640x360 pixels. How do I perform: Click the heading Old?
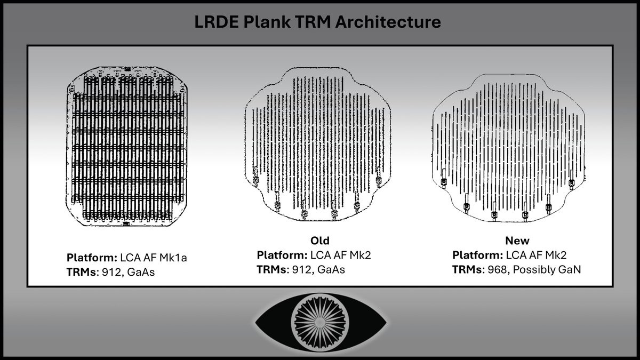(320, 241)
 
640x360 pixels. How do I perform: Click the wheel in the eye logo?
(320, 322)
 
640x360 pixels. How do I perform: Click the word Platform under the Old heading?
(281, 255)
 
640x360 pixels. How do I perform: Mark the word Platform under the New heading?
(477, 255)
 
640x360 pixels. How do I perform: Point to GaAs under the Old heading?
(332, 269)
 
